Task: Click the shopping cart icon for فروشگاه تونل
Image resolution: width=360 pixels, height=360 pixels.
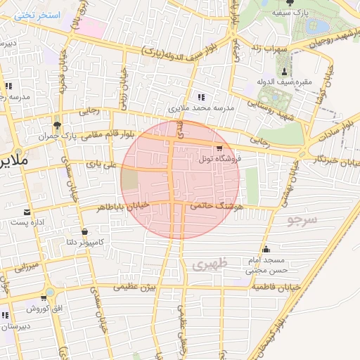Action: pyautogui.click(x=220, y=148)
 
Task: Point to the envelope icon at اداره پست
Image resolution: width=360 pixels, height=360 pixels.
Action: pyautogui.click(x=27, y=212)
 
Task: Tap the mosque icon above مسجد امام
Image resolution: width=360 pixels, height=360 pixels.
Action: pyautogui.click(x=266, y=249)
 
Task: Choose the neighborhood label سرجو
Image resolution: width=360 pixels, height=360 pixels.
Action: pyautogui.click(x=302, y=220)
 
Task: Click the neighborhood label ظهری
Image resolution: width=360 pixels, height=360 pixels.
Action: pyautogui.click(x=208, y=264)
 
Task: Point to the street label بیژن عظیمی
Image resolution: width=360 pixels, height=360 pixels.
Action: pyautogui.click(x=137, y=287)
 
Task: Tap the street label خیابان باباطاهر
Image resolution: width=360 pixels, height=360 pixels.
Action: pyautogui.click(x=122, y=205)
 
